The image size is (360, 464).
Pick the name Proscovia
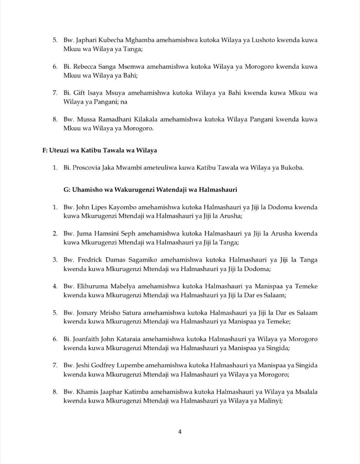pos(86,168)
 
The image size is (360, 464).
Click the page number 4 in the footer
pos(180,432)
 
